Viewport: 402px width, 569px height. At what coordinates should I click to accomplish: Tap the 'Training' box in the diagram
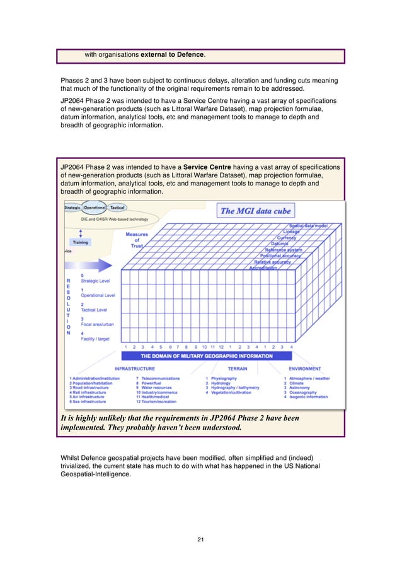tap(80, 242)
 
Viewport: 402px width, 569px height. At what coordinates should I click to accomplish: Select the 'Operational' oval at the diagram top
tap(95, 207)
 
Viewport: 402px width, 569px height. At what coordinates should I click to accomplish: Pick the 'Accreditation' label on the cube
tap(263, 268)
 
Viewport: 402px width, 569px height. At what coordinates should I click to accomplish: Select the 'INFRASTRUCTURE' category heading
tap(135, 368)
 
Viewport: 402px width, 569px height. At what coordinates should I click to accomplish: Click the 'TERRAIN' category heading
tap(237, 368)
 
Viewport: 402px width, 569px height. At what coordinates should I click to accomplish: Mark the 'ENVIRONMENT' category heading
tap(305, 368)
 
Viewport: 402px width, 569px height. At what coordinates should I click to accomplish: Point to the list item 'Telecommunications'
tap(160, 378)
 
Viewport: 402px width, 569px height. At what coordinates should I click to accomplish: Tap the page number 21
tap(201, 539)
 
